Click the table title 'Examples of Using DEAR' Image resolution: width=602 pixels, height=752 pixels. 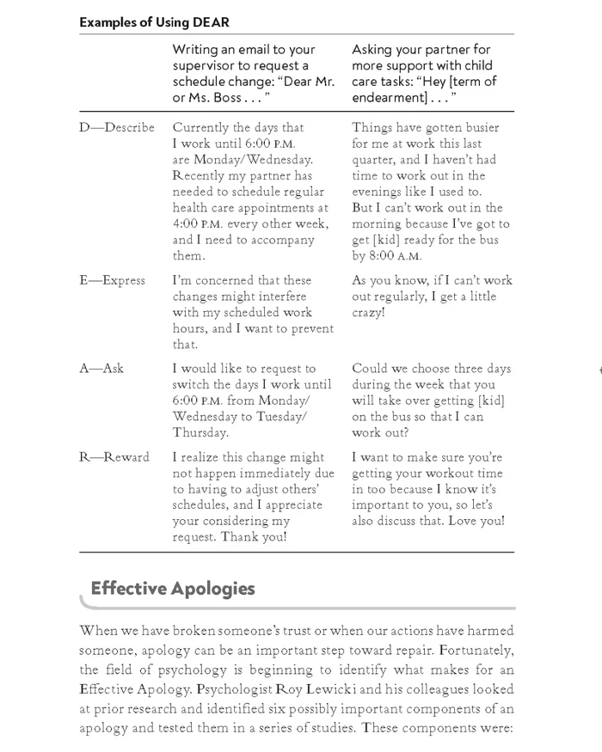(154, 22)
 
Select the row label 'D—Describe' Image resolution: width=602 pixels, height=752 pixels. (117, 127)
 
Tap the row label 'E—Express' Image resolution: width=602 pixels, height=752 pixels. (113, 280)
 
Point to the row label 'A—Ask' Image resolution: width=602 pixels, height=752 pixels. (101, 369)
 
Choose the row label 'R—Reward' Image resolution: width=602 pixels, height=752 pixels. (114, 457)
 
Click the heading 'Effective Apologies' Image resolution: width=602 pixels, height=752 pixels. (172, 589)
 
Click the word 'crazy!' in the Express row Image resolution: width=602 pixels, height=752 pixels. (369, 313)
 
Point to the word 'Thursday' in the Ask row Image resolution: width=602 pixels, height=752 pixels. (200, 433)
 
